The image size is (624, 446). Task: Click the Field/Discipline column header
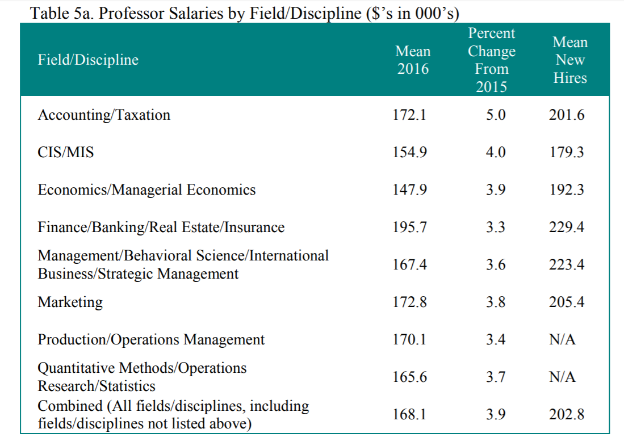(88, 60)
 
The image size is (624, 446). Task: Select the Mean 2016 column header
(413, 60)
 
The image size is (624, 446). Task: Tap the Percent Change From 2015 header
(492, 60)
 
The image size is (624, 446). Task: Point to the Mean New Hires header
(570, 60)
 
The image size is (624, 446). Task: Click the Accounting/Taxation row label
(104, 115)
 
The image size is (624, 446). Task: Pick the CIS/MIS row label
(66, 153)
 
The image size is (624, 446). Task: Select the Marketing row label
(70, 302)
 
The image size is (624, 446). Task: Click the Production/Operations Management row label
(151, 340)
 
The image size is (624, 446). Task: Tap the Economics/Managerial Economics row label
(146, 190)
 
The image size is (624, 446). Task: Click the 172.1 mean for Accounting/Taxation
(409, 115)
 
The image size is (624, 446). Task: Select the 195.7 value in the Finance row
(409, 228)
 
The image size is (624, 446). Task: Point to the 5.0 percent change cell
(496, 115)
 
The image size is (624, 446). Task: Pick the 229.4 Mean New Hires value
(567, 228)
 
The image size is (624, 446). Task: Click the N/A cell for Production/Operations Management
(562, 340)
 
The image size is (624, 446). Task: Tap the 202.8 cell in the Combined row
(567, 415)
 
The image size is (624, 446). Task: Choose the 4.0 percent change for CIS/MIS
(496, 153)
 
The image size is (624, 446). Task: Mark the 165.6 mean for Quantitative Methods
(409, 377)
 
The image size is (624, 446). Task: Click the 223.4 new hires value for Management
(567, 265)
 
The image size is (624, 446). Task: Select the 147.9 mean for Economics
(409, 190)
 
